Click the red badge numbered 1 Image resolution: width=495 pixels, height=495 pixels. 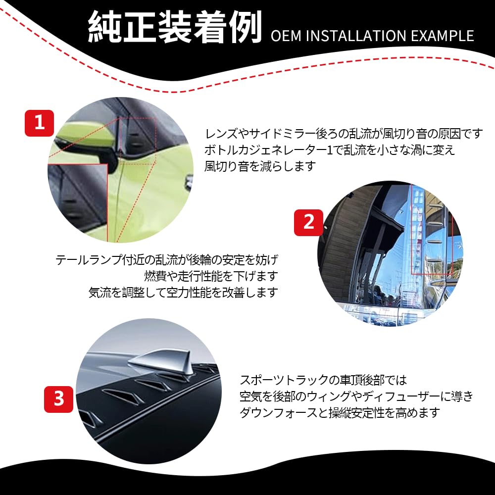39,123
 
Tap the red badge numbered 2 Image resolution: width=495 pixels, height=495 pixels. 308,222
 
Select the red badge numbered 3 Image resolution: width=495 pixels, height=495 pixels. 59,398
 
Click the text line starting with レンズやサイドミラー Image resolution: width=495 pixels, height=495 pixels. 344,134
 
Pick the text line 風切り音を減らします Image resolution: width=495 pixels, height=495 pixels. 260,166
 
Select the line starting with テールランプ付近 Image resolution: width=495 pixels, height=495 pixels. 167,259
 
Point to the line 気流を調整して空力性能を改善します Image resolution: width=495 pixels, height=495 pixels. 183,292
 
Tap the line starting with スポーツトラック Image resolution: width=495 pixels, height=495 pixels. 323,380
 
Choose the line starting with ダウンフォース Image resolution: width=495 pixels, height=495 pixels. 339,413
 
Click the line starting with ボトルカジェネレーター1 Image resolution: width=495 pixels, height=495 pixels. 329,150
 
